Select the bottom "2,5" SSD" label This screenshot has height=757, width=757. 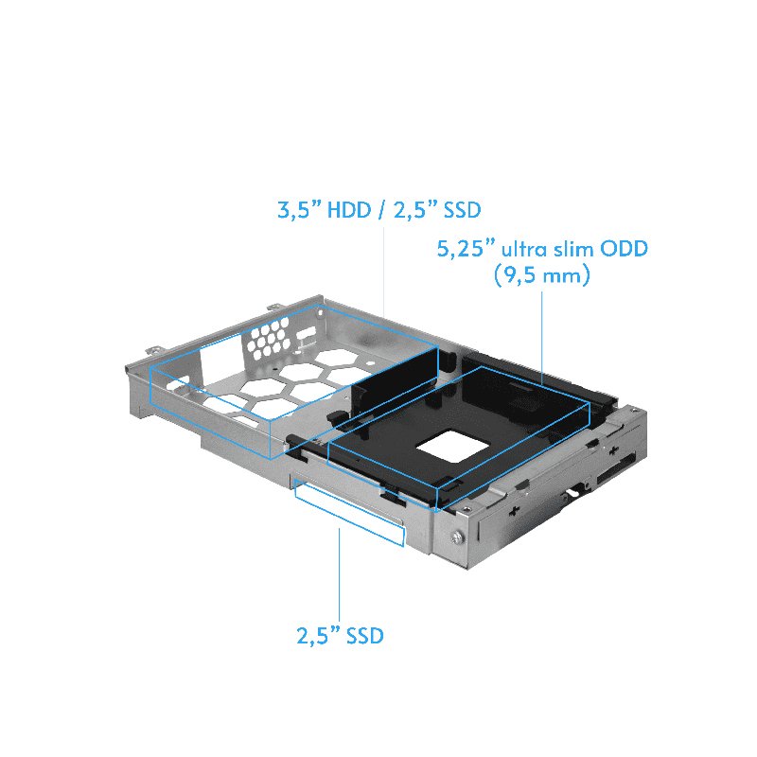[x=339, y=636]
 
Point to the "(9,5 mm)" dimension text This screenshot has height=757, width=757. [x=542, y=277]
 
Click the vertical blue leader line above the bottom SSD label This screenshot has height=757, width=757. [x=339, y=577]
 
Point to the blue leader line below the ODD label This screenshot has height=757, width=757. [x=540, y=336]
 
